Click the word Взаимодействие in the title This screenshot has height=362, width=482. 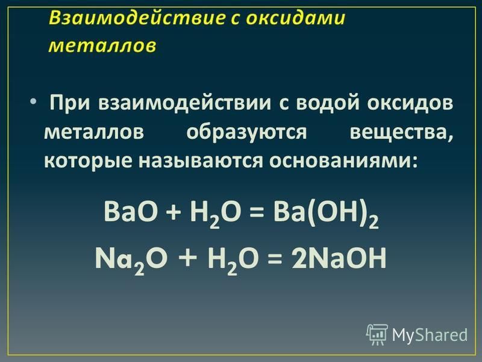pyautogui.click(x=137, y=17)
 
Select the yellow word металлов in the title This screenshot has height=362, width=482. pyautogui.click(x=102, y=46)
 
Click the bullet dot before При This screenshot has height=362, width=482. pyautogui.click(x=33, y=101)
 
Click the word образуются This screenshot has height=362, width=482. pyautogui.click(x=246, y=133)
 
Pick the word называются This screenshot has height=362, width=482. pyautogui.click(x=201, y=160)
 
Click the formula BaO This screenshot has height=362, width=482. pyautogui.click(x=131, y=212)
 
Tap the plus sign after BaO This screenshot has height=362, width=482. pyautogui.click(x=174, y=213)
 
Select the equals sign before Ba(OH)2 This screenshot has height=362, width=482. pyautogui.click(x=257, y=213)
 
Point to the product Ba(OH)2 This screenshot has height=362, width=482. pyautogui.click(x=326, y=214)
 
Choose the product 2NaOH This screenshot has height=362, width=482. pyautogui.click(x=339, y=259)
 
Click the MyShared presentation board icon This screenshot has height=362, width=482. pyautogui.click(x=377, y=334)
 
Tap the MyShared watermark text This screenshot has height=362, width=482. pyautogui.click(x=430, y=335)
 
